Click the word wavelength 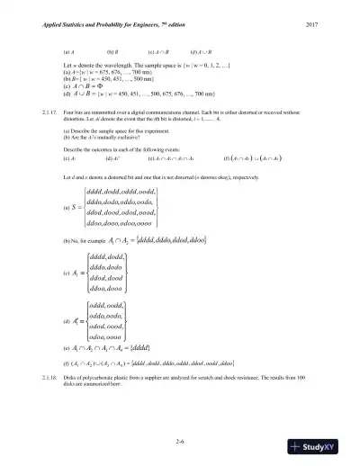coord(112,66)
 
